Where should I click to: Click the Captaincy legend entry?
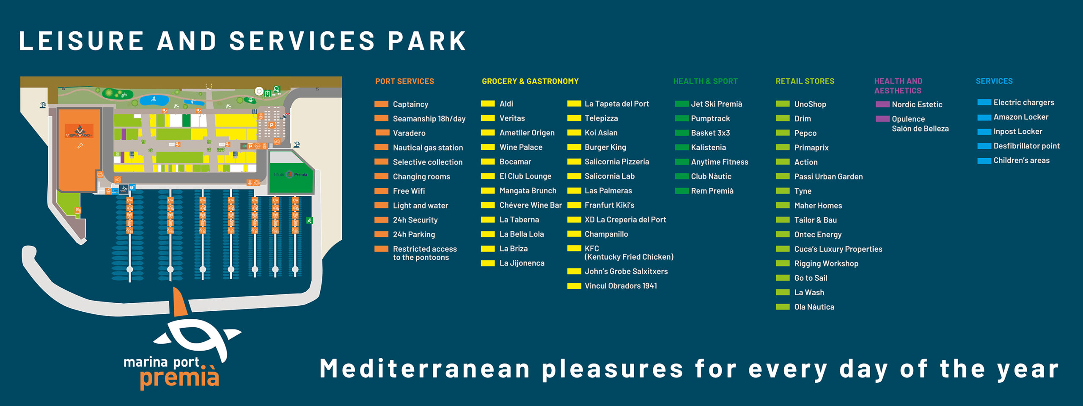[x=410, y=104]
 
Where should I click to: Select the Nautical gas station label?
[x=428, y=148]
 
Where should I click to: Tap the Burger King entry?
[x=605, y=147]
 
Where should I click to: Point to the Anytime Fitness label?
[x=720, y=162]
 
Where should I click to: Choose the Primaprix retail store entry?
[x=811, y=148]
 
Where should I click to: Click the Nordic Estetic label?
[x=917, y=104]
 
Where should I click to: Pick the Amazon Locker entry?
[x=1021, y=117]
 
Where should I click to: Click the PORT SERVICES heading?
[x=404, y=81]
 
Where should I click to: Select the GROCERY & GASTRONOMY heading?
[x=530, y=81]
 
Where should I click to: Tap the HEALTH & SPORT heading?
[x=705, y=81]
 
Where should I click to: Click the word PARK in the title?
[x=427, y=41]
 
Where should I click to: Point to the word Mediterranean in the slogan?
[x=425, y=368]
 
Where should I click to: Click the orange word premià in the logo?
[x=180, y=377]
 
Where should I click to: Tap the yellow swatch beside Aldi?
[x=488, y=104]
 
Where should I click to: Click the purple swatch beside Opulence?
[x=882, y=119]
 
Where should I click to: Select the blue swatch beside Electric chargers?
[x=984, y=102]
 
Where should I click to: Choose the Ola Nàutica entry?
[x=814, y=307]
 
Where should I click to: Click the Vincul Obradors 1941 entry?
[x=621, y=286]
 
